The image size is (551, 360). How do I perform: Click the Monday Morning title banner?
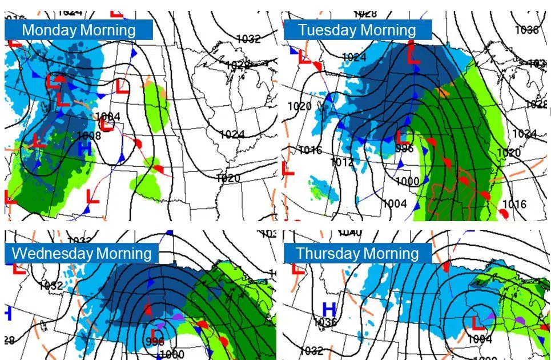(x=79, y=30)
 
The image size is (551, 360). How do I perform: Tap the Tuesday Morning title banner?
(x=357, y=30)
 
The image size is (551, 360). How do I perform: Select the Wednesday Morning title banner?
(x=82, y=253)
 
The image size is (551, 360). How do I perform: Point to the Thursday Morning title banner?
(x=357, y=253)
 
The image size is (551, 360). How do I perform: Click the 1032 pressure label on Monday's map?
(x=249, y=39)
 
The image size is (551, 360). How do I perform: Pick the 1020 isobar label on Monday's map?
(x=228, y=178)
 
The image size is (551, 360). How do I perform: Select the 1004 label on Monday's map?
(x=108, y=117)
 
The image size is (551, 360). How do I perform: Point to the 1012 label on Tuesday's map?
(x=341, y=162)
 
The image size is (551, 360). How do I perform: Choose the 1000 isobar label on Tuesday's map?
(x=407, y=181)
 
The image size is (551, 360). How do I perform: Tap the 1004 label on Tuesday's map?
(x=394, y=203)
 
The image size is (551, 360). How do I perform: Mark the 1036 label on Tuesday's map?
(x=526, y=30)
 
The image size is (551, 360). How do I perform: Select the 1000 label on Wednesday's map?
(x=176, y=354)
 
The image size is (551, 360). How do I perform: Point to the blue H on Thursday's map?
(x=329, y=309)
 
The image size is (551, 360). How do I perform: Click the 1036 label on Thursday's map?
(x=326, y=323)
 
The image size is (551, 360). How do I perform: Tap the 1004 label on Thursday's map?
(x=478, y=339)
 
